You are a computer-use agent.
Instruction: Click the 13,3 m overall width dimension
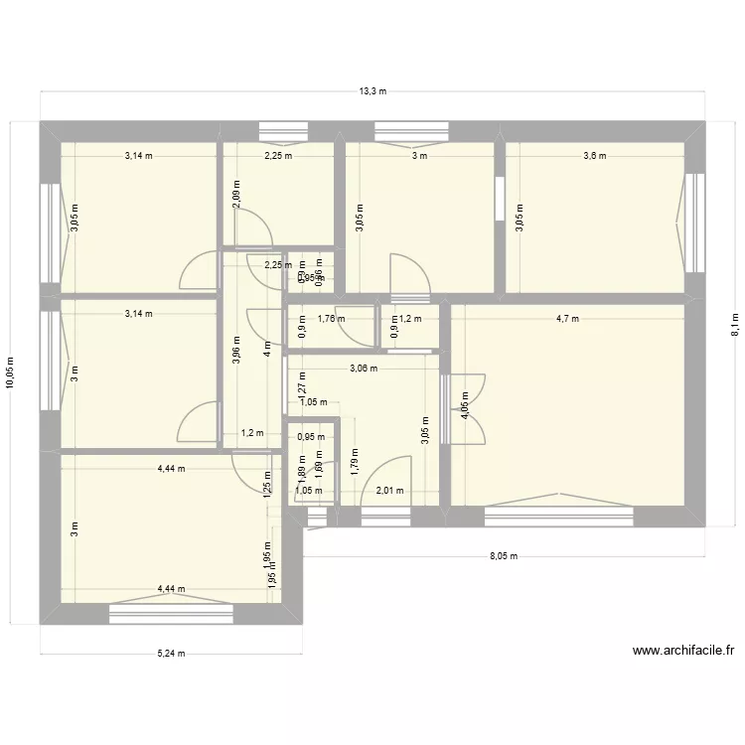point(372,91)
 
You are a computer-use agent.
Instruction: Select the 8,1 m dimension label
point(734,321)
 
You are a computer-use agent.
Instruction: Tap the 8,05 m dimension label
point(504,557)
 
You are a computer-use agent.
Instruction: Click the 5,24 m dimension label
point(171,653)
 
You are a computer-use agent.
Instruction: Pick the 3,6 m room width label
point(594,156)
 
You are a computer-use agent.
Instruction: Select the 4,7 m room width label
point(567,319)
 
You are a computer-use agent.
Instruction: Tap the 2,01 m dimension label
point(389,491)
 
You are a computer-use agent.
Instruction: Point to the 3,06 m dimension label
point(363,369)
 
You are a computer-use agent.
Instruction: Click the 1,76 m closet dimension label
point(331,319)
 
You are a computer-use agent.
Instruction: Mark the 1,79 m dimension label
point(354,462)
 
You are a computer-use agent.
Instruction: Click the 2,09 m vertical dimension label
point(235,191)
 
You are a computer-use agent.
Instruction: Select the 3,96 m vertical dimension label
point(235,350)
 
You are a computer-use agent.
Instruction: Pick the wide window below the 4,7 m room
point(558,515)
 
